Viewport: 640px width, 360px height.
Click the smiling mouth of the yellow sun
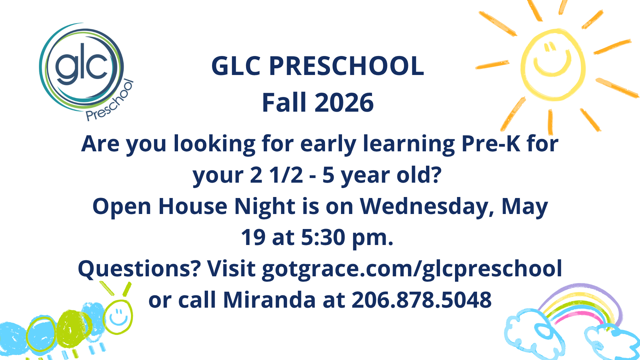[552, 65]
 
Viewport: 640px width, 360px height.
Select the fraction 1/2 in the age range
[286, 175]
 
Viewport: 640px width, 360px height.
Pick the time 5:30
[323, 237]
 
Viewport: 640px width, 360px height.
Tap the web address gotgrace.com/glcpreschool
[412, 269]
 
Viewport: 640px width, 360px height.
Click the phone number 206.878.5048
[422, 300]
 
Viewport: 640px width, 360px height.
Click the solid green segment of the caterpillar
[71, 329]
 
